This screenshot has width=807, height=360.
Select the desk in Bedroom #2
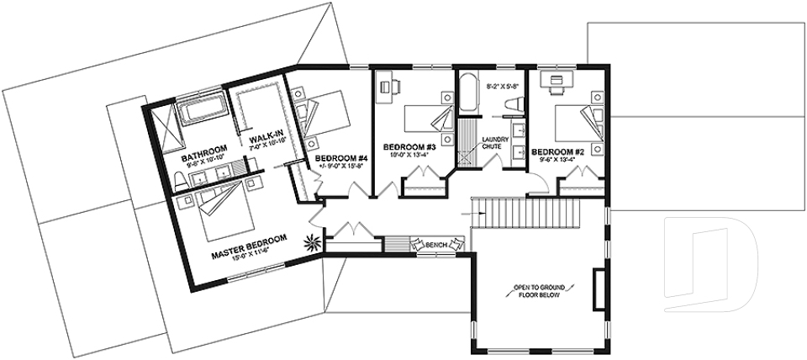(556, 82)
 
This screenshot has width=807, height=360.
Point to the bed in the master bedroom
(220, 209)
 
